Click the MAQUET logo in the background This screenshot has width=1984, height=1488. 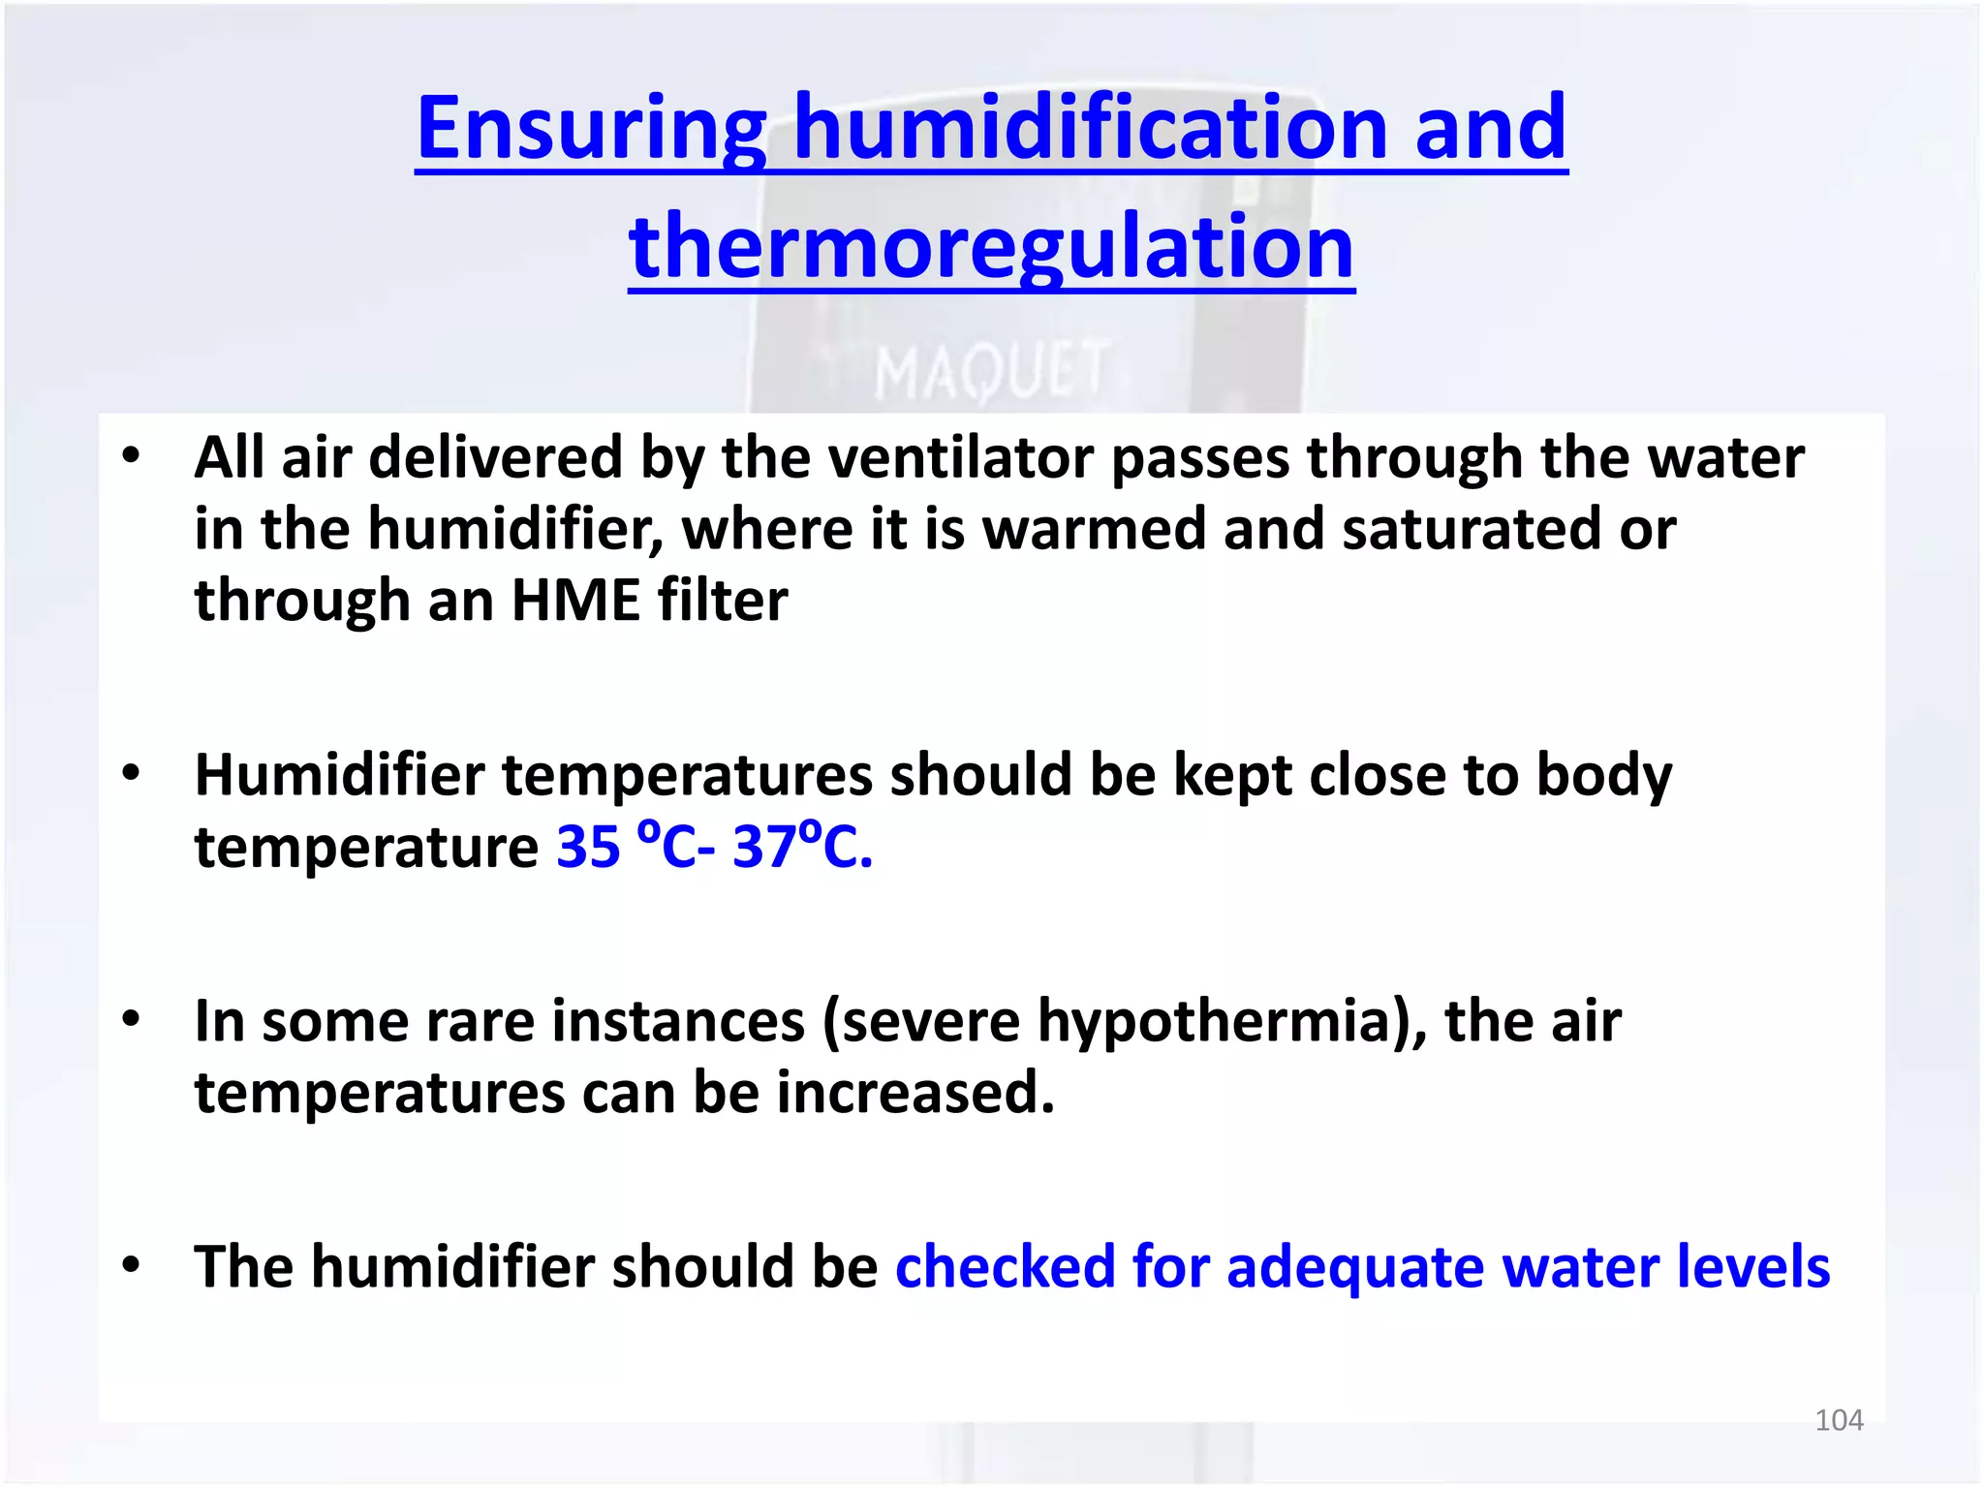click(x=991, y=371)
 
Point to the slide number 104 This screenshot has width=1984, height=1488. click(x=1838, y=1420)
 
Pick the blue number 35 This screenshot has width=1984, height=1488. click(x=588, y=847)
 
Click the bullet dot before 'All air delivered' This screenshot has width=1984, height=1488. click(x=132, y=455)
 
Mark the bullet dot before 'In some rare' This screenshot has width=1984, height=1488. click(x=132, y=1019)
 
